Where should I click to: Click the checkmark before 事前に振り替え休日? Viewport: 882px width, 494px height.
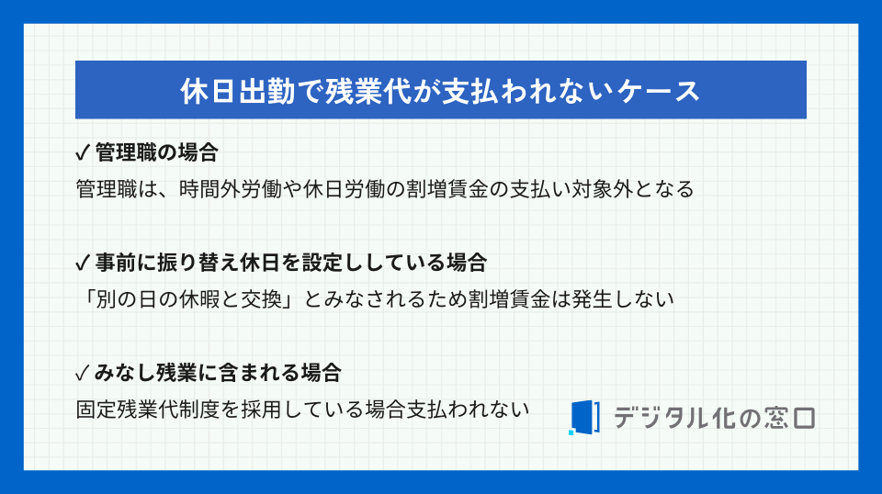[x=82, y=263]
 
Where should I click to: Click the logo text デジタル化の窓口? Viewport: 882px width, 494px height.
[x=713, y=417]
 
